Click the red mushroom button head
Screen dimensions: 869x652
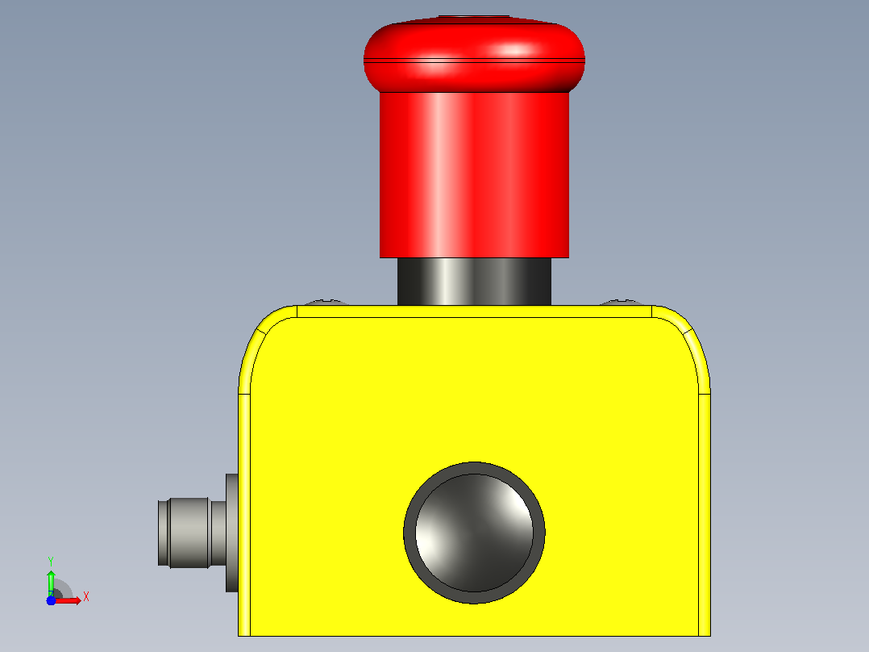(474, 58)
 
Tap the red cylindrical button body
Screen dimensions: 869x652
(474, 175)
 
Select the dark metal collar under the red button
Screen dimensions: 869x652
(474, 282)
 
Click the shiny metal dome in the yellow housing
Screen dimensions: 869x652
(474, 533)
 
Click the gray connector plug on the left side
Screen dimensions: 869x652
(191, 533)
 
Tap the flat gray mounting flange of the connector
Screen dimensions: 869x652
(231, 533)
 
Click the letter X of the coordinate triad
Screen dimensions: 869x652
(86, 597)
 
